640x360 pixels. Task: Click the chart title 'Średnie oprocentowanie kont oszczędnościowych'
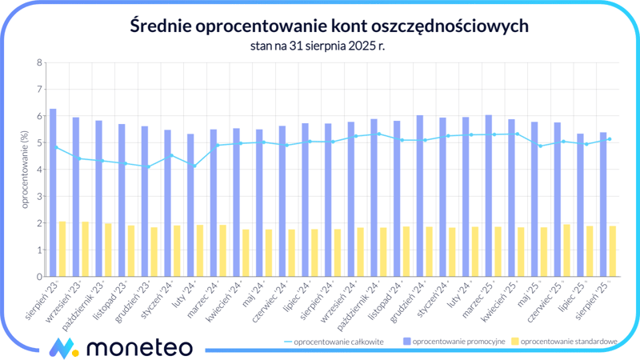click(x=329, y=26)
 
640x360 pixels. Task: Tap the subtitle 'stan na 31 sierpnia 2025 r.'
click(x=329, y=46)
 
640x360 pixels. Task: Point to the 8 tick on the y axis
click(x=38, y=63)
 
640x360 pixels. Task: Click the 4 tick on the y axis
click(x=38, y=170)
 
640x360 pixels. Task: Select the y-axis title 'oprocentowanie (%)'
click(x=25, y=170)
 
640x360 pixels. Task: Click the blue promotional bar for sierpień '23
click(x=53, y=192)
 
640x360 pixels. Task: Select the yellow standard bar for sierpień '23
click(x=62, y=249)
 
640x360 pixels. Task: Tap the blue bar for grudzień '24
click(x=420, y=195)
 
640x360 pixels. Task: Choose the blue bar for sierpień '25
click(x=604, y=204)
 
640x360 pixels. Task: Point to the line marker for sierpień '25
click(x=610, y=139)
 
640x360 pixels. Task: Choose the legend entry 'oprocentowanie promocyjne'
click(x=455, y=342)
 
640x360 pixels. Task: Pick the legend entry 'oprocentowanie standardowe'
click(x=569, y=342)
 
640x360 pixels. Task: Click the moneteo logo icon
click(x=62, y=347)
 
